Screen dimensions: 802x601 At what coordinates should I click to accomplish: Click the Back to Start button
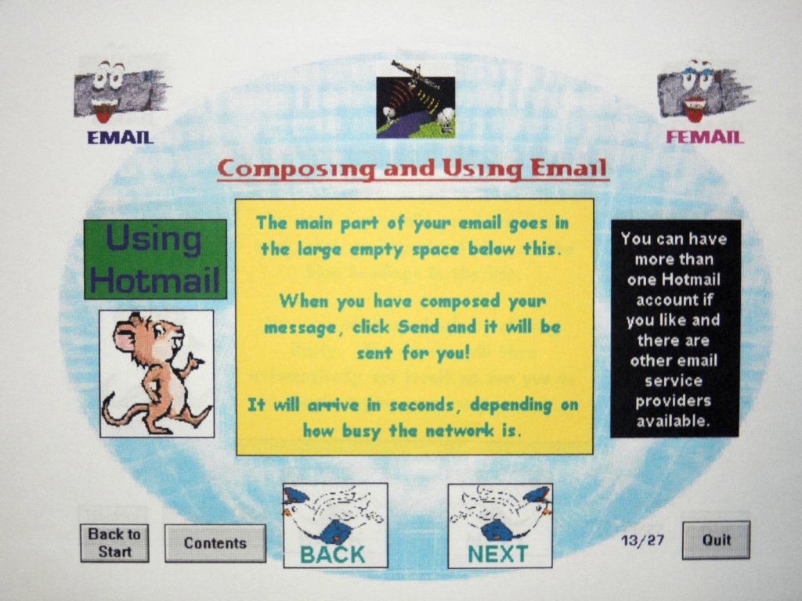114,543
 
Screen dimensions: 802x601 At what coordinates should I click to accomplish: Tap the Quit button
716,540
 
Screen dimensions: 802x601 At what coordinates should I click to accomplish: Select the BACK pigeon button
335,525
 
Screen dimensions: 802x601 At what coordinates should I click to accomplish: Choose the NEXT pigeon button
500,525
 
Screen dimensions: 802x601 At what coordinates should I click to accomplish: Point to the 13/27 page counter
642,540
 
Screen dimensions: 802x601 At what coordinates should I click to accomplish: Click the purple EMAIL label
120,137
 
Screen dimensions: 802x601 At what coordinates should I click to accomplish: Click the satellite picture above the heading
415,100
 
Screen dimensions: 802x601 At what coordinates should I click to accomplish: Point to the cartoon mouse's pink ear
125,337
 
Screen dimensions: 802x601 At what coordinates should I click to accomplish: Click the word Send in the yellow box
418,326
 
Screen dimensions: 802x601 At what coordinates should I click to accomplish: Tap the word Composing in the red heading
296,169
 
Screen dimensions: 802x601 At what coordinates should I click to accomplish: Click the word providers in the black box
673,401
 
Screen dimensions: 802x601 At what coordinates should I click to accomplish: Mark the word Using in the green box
154,239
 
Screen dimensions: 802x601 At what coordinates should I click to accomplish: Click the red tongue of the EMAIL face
104,116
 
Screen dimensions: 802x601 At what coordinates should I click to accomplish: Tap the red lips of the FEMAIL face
695,110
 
